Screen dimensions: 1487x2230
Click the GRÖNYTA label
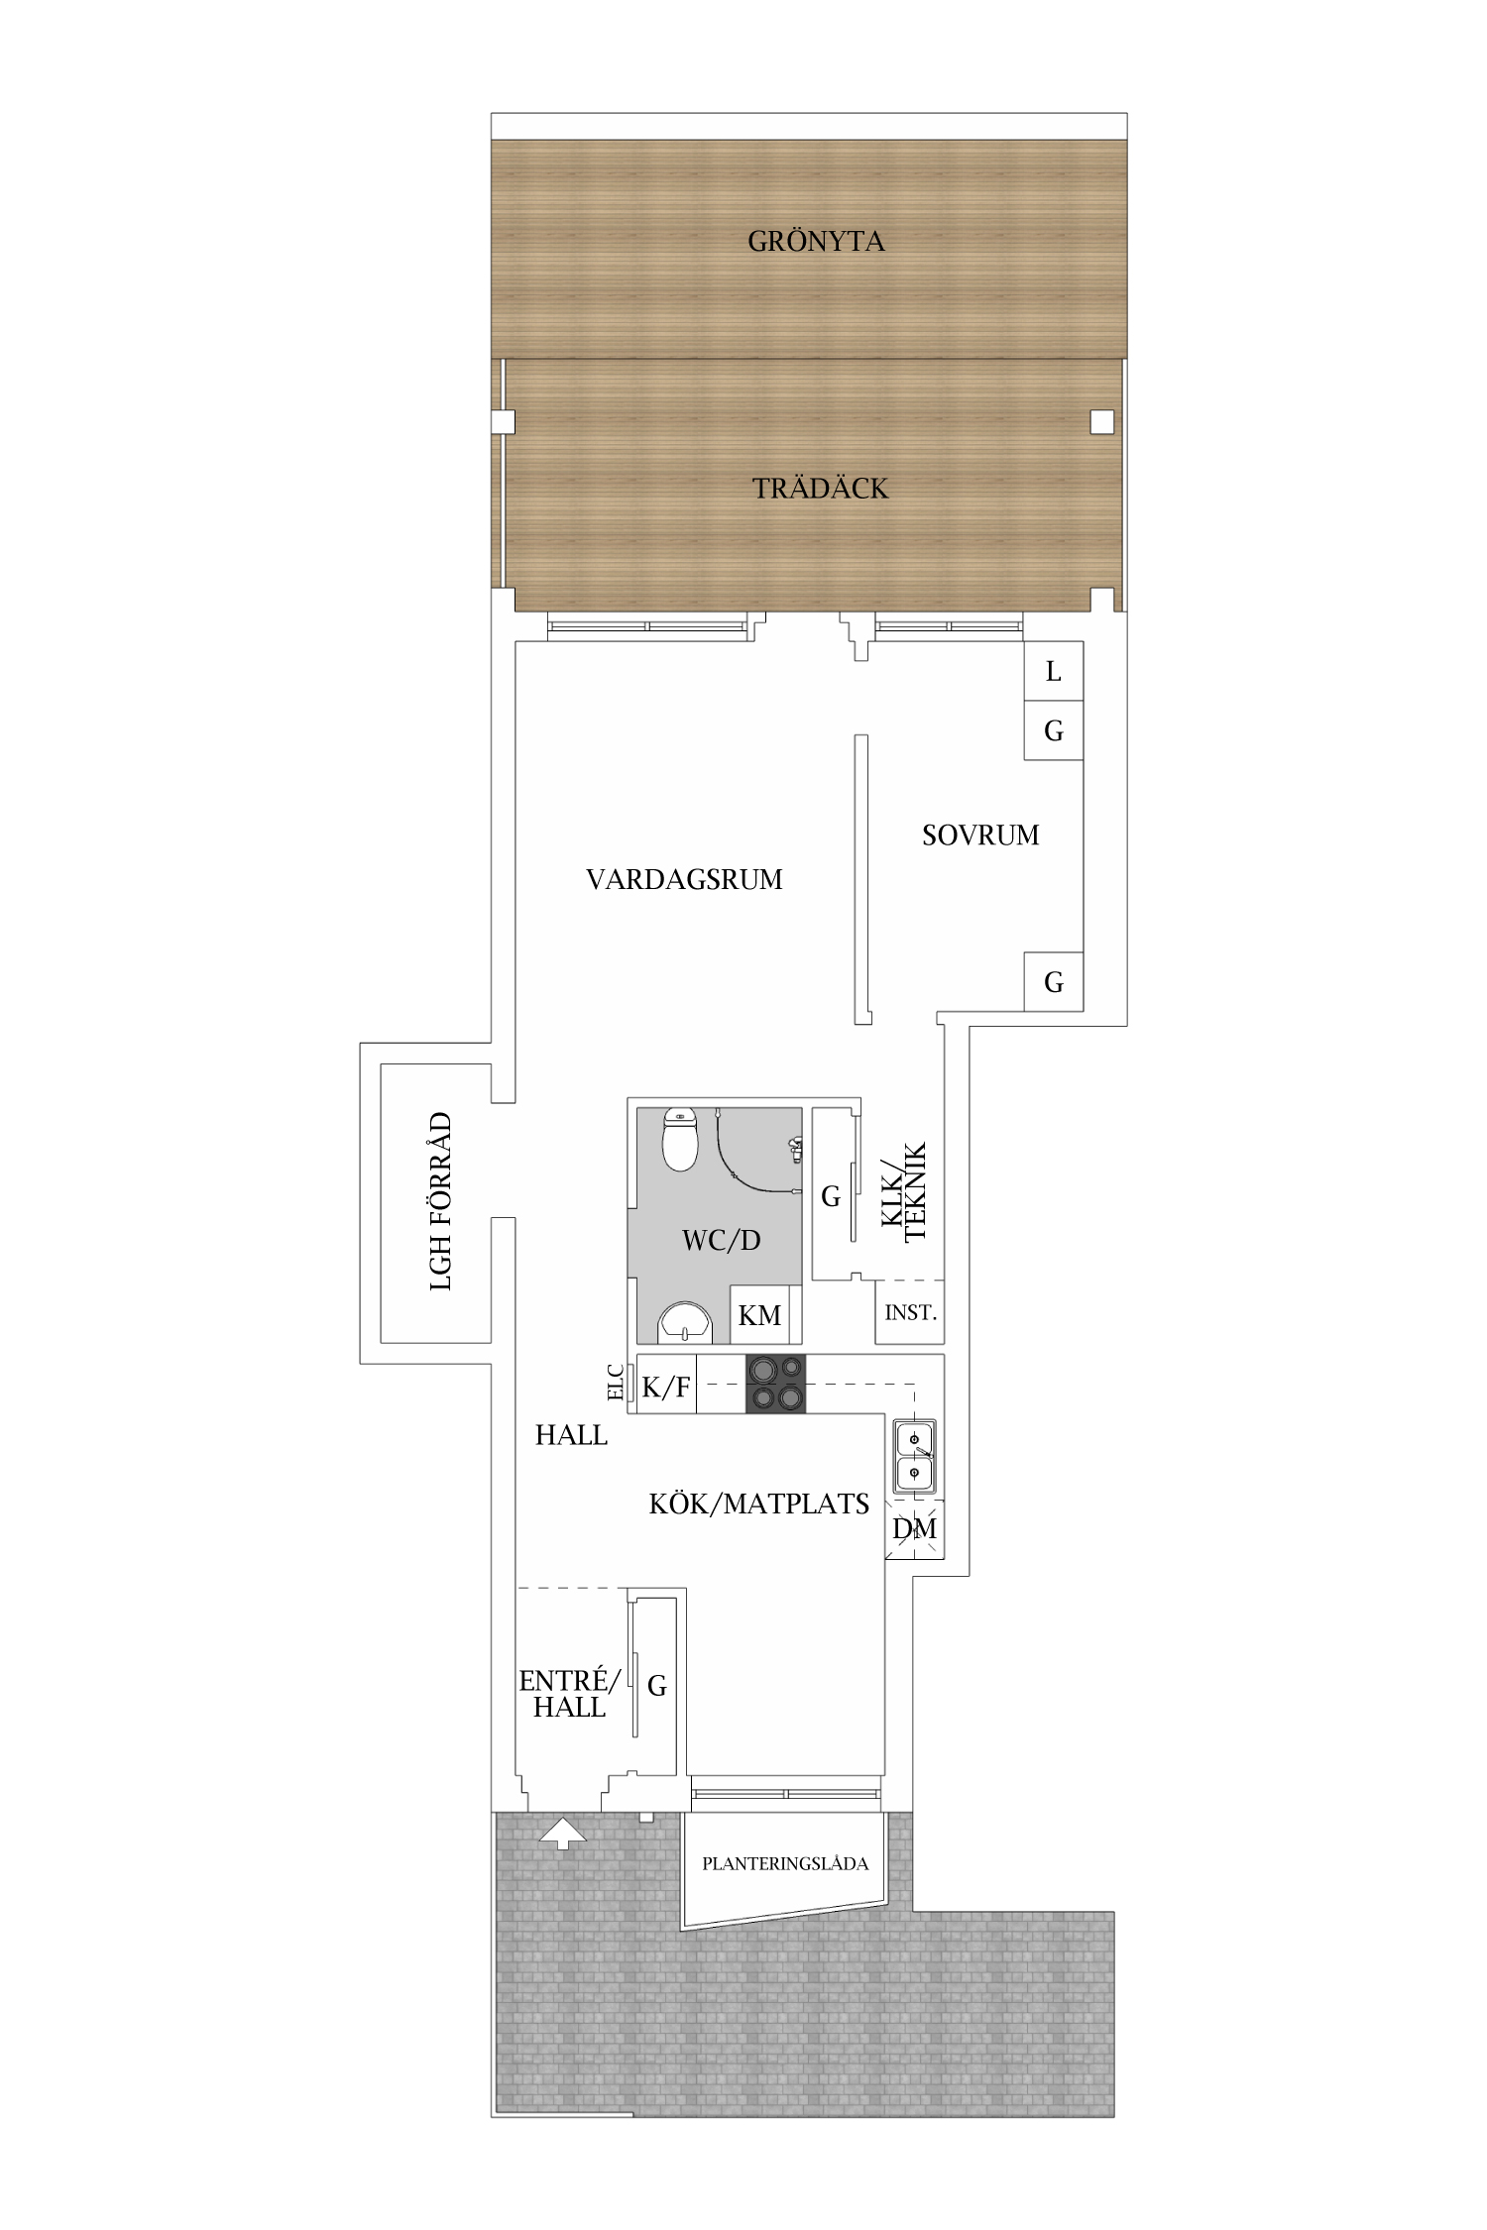[816, 241]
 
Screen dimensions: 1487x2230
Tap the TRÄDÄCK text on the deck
[820, 488]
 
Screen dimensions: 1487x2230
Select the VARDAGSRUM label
[684, 879]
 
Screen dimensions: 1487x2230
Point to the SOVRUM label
[980, 835]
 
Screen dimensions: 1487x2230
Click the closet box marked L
[1053, 671]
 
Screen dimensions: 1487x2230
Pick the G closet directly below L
[1053, 730]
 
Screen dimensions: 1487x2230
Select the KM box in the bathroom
[760, 1314]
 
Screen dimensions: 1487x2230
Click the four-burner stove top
[775, 1384]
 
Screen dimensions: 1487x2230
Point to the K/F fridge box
[666, 1385]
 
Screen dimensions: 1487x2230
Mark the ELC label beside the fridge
[616, 1383]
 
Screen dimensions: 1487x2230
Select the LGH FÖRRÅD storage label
[440, 1201]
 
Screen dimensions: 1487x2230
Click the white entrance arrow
[562, 1833]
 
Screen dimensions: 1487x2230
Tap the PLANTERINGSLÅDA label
[785, 1864]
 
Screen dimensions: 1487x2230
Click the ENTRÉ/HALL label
[570, 1694]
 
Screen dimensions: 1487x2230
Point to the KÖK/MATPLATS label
[759, 1504]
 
